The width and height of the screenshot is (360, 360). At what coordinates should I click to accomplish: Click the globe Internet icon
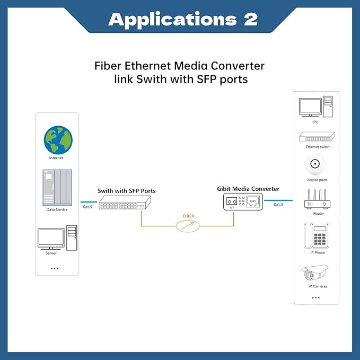[58, 139]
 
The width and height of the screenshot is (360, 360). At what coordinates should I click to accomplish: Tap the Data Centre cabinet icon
[56, 187]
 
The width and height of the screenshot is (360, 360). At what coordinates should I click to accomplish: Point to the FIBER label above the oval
[188, 216]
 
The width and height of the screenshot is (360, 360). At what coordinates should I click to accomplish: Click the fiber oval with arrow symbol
[188, 226]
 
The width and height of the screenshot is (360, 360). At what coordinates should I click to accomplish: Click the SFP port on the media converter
[231, 201]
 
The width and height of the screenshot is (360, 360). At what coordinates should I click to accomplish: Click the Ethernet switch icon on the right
[317, 137]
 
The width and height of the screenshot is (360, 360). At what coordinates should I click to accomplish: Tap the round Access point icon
[316, 164]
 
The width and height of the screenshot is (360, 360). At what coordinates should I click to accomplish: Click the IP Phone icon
[316, 235]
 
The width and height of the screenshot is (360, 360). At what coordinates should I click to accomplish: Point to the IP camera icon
[315, 273]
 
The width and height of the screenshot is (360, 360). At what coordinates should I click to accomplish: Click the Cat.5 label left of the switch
[87, 206]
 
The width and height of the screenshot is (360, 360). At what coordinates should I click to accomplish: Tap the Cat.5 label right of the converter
[278, 204]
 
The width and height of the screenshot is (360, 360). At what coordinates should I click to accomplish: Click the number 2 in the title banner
[250, 20]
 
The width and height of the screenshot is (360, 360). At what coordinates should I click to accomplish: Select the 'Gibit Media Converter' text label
[248, 189]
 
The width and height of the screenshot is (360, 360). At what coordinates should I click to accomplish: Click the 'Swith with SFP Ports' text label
[126, 190]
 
